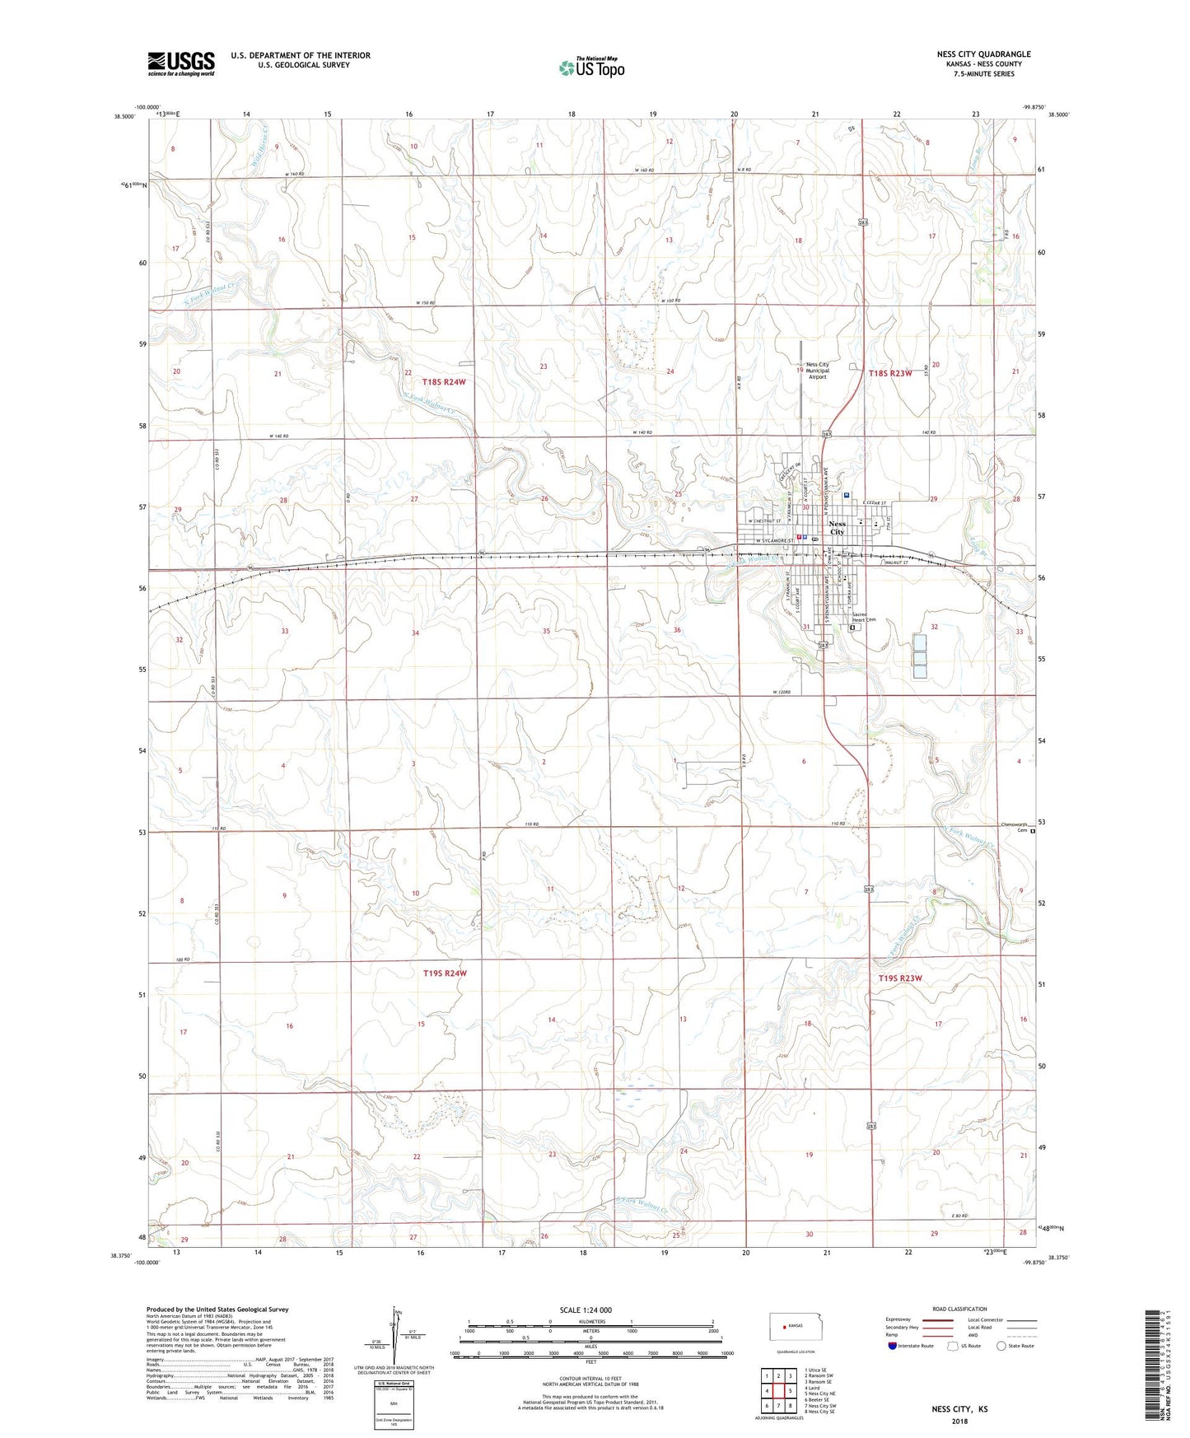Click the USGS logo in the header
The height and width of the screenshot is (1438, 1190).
pos(181,63)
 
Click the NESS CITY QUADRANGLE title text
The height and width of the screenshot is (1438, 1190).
pos(983,54)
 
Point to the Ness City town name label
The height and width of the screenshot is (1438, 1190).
pos(837,527)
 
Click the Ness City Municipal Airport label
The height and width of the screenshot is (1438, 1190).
pos(817,371)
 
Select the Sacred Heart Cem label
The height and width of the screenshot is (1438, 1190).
pos(863,618)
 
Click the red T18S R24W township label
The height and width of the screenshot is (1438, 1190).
pos(445,382)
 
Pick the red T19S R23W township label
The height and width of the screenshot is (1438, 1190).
pos(899,978)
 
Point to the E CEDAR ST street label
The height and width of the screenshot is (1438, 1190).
pos(873,502)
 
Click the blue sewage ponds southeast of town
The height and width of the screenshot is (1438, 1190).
pos(920,656)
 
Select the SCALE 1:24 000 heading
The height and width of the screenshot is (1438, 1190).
pos(586,1310)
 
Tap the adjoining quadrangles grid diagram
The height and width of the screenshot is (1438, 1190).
pos(778,1390)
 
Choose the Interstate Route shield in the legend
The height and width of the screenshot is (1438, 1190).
pos(893,1346)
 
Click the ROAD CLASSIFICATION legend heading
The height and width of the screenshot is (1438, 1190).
pos(959,1309)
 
